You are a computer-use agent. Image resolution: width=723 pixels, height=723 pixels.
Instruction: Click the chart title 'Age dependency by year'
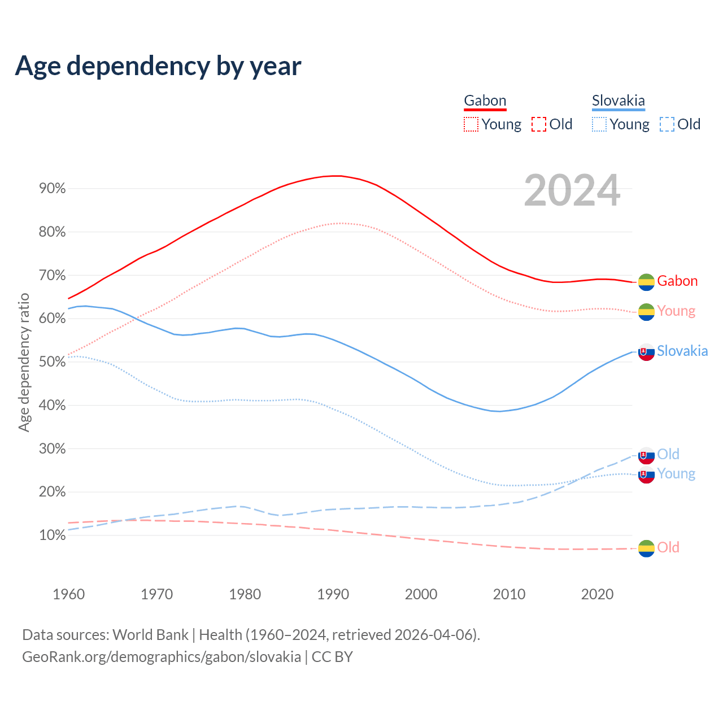(158, 66)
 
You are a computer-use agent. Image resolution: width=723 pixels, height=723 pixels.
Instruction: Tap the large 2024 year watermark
(572, 190)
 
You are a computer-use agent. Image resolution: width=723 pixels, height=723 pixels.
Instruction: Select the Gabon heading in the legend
(485, 101)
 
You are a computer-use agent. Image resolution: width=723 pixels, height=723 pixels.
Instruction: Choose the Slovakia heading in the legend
(618, 101)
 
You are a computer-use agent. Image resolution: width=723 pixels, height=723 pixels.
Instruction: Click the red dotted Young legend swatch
(471, 124)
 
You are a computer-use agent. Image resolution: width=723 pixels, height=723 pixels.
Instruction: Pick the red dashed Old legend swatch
(538, 124)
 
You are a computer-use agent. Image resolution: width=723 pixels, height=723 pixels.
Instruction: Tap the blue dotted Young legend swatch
(599, 124)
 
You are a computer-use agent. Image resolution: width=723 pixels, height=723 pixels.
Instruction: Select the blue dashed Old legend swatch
(667, 124)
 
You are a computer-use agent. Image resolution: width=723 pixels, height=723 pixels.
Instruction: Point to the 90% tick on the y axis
(52, 189)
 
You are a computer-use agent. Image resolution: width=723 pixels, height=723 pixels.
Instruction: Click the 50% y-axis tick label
(52, 362)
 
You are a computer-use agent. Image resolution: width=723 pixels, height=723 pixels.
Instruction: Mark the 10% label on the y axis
(52, 535)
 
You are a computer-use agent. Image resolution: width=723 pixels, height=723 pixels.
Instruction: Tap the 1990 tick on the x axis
(333, 594)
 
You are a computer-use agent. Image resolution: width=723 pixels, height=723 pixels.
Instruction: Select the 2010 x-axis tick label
(509, 594)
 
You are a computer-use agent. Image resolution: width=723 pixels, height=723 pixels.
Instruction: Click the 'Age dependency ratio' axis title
(24, 362)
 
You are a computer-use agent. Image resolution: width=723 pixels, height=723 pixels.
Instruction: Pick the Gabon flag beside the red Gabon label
(646, 282)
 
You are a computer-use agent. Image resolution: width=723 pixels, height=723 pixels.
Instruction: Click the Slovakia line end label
(682, 351)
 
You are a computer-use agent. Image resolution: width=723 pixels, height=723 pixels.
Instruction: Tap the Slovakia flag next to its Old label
(646, 455)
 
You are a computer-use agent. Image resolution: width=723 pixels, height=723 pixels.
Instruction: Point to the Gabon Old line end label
(668, 547)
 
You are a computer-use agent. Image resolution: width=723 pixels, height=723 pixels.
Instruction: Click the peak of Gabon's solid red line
(337, 176)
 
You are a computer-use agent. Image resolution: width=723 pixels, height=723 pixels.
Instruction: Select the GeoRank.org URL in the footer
(162, 657)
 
